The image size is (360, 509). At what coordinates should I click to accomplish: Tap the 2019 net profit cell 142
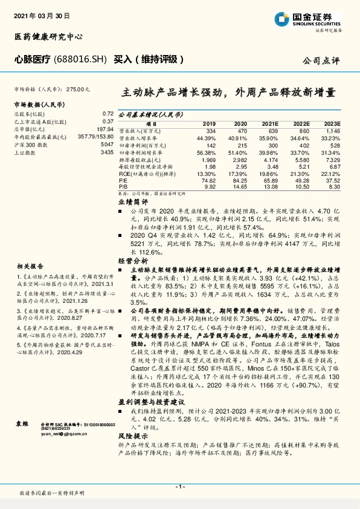pos(211,145)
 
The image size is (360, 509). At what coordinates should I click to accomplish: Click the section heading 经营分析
pos(133,260)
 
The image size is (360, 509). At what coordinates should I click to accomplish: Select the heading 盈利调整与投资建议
pos(148,401)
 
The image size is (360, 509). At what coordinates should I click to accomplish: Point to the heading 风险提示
pos(133,435)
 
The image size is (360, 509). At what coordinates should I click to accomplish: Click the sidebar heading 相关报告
pos(30,266)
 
